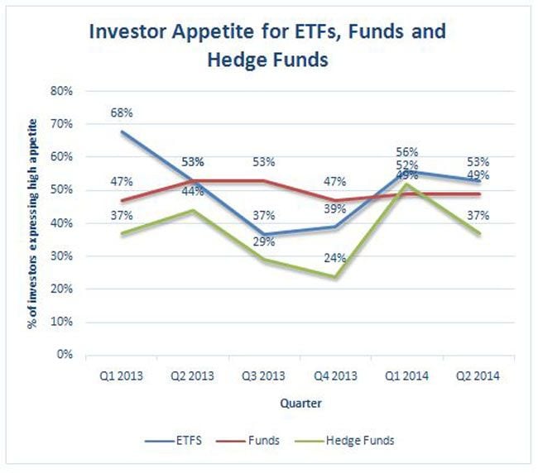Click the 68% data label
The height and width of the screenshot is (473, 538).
(122, 112)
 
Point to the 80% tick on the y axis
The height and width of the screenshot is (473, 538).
(63, 91)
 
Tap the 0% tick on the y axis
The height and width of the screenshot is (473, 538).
(66, 355)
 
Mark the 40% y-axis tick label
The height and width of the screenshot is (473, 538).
(63, 223)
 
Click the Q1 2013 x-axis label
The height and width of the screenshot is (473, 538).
(122, 375)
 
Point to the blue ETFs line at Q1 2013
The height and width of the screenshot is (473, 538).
(122, 131)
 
